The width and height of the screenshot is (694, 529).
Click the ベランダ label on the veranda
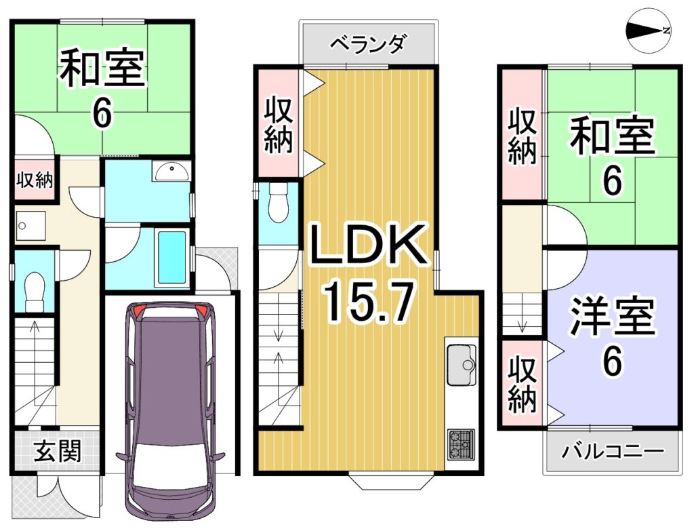[368, 43]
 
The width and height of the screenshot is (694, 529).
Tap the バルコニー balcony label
[613, 452]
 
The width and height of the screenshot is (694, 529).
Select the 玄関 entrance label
[58, 451]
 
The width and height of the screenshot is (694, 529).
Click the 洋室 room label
[613, 315]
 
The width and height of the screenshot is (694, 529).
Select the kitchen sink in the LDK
[461, 365]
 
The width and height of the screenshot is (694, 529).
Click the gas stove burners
[462, 444]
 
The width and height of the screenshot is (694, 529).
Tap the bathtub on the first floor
[171, 259]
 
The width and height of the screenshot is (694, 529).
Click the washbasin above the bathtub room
[171, 171]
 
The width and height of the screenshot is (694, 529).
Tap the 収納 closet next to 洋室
[523, 384]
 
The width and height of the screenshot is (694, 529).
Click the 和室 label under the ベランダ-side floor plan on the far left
[102, 69]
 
